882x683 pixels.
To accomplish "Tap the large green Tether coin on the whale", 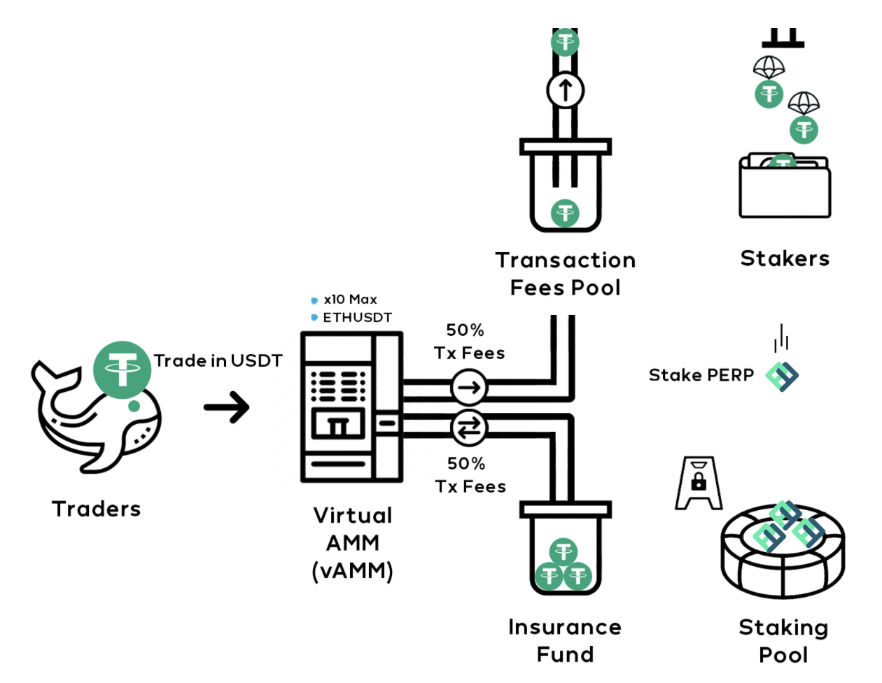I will tap(122, 369).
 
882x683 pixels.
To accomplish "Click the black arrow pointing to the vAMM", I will tap(227, 407).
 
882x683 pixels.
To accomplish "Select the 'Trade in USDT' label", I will tap(218, 360).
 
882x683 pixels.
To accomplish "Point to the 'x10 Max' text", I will tap(350, 300).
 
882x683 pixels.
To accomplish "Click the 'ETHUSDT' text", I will tap(357, 317).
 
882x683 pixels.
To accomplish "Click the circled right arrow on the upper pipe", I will tap(469, 387).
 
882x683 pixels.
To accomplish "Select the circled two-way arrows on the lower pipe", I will tap(469, 428).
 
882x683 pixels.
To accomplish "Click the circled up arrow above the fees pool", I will tap(565, 90).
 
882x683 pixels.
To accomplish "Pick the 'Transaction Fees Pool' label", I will tap(565, 274).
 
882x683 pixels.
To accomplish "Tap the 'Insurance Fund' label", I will tap(565, 640).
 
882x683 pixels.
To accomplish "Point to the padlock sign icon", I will tap(699, 483).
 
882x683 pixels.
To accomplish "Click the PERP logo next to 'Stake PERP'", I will tap(782, 376).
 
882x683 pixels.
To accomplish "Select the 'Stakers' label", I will tap(785, 258).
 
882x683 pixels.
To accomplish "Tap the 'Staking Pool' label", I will tap(783, 641).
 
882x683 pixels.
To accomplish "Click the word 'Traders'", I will tap(97, 509).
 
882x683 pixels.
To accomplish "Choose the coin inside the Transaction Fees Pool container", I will tap(565, 213).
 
